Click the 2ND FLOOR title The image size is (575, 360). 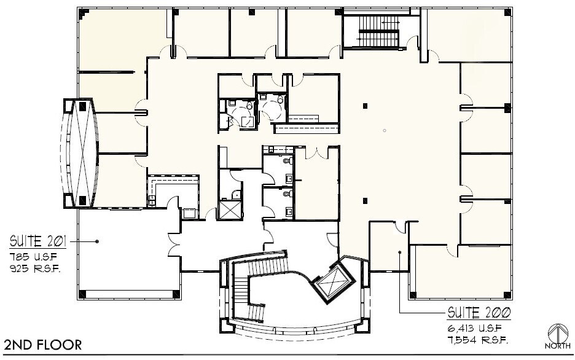42,345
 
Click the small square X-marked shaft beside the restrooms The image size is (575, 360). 231,210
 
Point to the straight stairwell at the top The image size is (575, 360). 378,31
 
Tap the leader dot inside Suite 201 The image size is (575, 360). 97,241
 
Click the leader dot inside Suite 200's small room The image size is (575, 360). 400,252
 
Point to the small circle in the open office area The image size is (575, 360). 384,130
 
